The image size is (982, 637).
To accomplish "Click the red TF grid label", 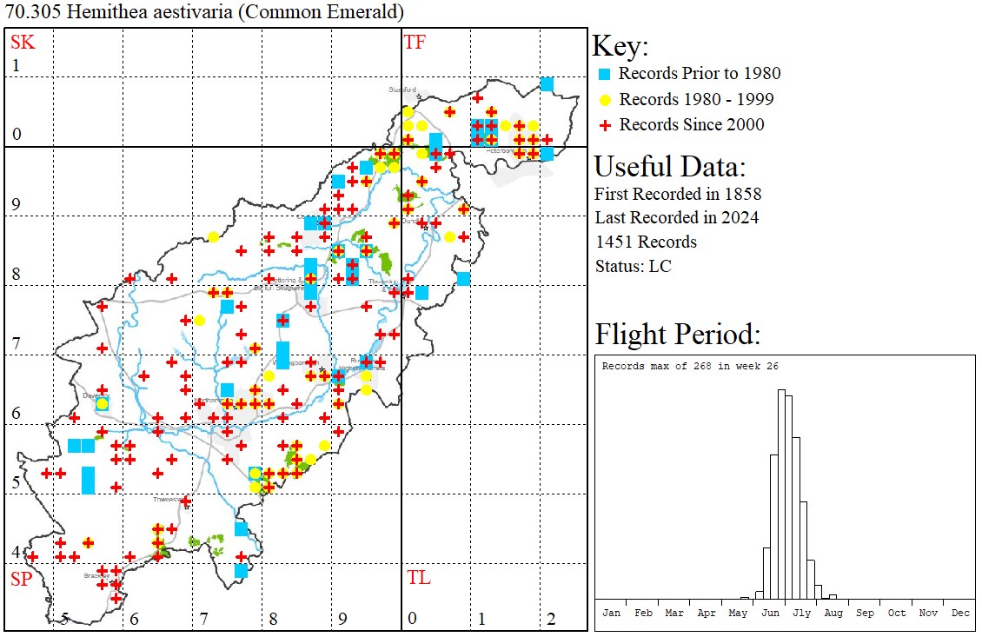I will tap(415, 42).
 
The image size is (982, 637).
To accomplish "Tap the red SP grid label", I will tap(21, 579).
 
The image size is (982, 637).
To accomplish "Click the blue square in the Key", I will tap(605, 74).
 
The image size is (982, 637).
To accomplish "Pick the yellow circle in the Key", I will tap(605, 99).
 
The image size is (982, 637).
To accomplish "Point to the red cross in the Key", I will tap(605, 125).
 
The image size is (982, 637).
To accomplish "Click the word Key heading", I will tap(620, 47).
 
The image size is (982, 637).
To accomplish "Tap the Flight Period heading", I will tap(677, 335).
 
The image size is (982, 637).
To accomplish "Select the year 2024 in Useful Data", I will tap(739, 217).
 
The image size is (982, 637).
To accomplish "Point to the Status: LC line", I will tap(633, 266).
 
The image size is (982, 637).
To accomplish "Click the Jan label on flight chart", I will tap(611, 613).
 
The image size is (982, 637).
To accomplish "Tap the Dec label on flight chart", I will tap(959, 613).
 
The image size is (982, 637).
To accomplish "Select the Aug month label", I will tap(833, 613).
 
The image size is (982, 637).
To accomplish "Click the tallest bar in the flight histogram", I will tap(781, 495).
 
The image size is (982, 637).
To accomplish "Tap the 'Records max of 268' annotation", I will tap(690, 366).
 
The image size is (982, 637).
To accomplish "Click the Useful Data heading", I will tap(669, 167).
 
